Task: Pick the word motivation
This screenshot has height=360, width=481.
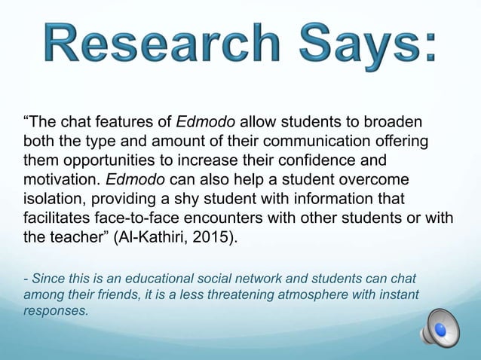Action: point(63,180)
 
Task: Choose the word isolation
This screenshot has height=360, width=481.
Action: point(53,199)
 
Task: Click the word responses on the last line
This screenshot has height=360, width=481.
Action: point(56,309)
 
